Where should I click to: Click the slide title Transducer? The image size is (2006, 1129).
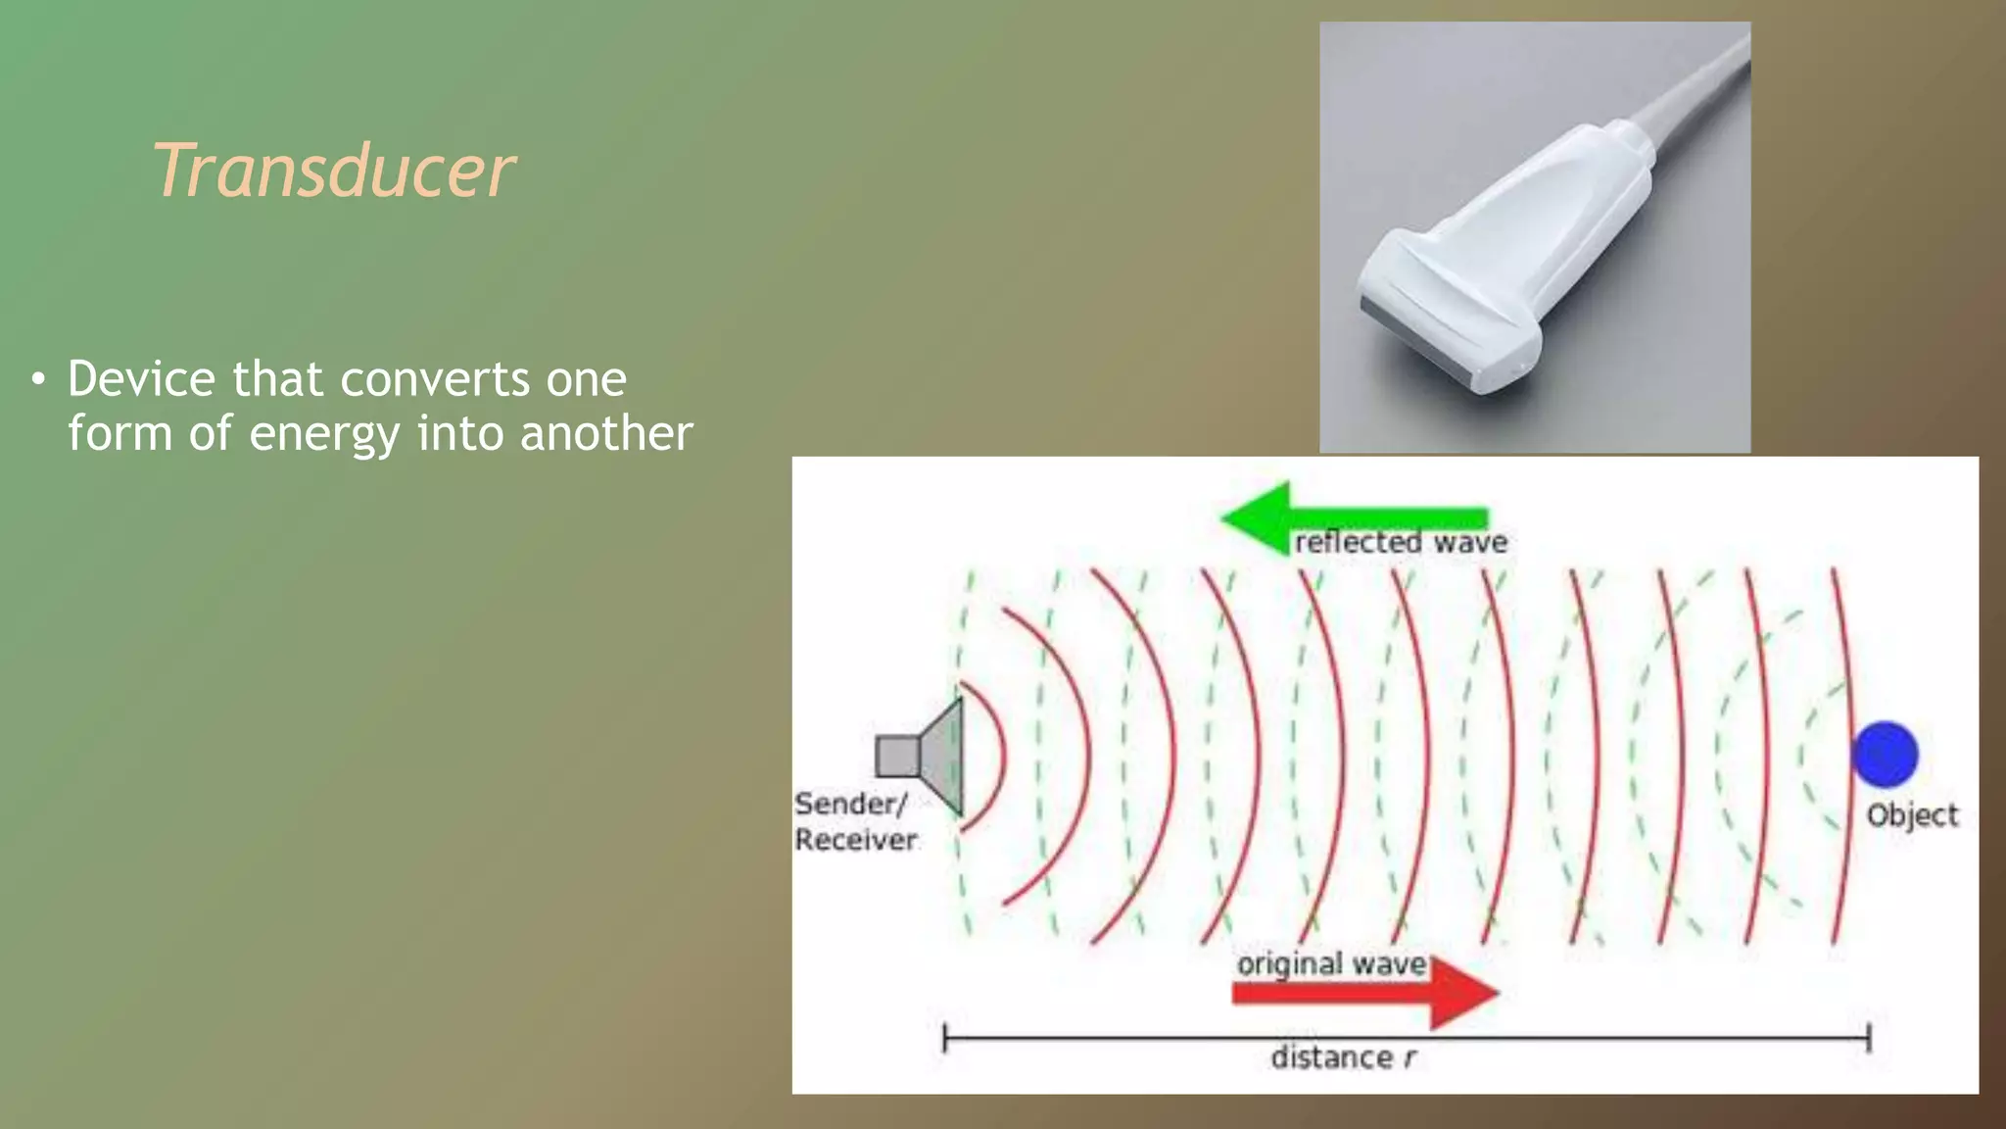333,171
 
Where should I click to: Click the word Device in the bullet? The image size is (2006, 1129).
140,379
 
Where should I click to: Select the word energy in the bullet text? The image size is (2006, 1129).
324,434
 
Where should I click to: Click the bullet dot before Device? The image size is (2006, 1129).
37,379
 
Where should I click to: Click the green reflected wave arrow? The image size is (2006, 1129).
1352,516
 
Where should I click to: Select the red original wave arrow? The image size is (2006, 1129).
1366,994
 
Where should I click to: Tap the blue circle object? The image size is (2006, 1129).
1885,754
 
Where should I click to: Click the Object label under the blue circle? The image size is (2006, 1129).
1911,815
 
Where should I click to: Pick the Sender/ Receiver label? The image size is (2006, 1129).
854,821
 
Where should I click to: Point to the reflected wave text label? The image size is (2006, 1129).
1401,543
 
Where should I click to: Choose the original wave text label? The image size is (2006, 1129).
1330,964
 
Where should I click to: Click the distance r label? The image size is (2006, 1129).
1342,1058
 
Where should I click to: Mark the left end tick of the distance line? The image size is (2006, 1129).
944,1038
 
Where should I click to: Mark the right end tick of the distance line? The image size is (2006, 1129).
1868,1038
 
